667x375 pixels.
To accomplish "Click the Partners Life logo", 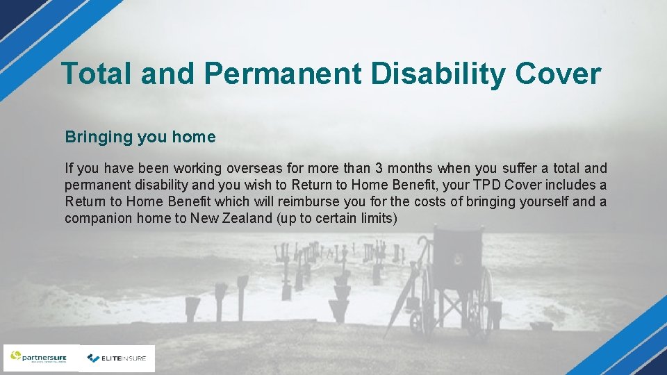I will pos(41,358).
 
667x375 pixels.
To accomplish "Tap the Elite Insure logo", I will pos(117,358).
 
